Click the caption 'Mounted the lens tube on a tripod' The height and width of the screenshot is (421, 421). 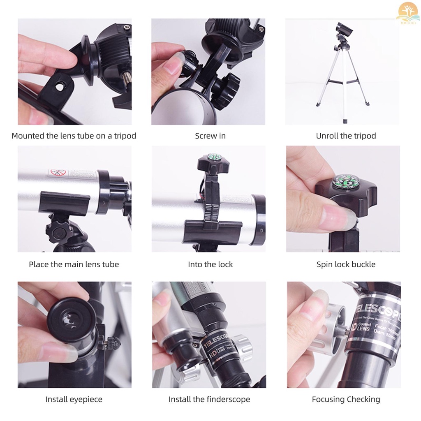pyautogui.click(x=74, y=136)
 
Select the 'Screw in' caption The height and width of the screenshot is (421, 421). pyautogui.click(x=210, y=136)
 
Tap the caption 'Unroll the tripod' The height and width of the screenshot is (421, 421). pyautogui.click(x=346, y=136)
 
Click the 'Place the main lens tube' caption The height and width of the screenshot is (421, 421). pyautogui.click(x=74, y=264)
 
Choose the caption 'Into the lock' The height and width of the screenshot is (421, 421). pyautogui.click(x=210, y=264)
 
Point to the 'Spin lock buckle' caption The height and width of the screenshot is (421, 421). pyautogui.click(x=346, y=264)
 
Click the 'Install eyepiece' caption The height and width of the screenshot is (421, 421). pyautogui.click(x=74, y=399)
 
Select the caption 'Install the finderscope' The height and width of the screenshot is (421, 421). pyautogui.click(x=209, y=399)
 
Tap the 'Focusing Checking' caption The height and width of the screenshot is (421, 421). pyautogui.click(x=346, y=399)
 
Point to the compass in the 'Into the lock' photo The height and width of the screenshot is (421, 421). pyautogui.click(x=213, y=157)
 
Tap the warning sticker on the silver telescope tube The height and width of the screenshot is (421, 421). pyautogui.click(x=58, y=173)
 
